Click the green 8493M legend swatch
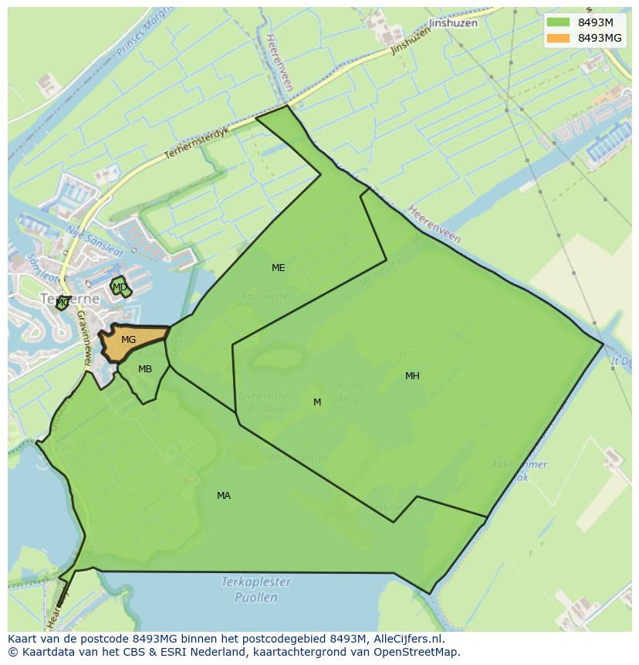click(x=558, y=22)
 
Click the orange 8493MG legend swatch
click(x=558, y=38)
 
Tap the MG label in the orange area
click(x=129, y=340)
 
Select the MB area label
click(x=145, y=369)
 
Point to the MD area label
click(x=120, y=287)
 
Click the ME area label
click(x=279, y=268)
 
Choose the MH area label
click(x=412, y=376)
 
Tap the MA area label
click(x=224, y=496)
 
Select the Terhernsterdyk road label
click(x=198, y=144)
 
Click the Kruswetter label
click(x=266, y=296)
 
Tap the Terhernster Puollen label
click(x=265, y=403)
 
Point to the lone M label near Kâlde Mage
click(x=317, y=402)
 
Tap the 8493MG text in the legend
click(x=600, y=38)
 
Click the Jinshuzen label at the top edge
click(x=453, y=23)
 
